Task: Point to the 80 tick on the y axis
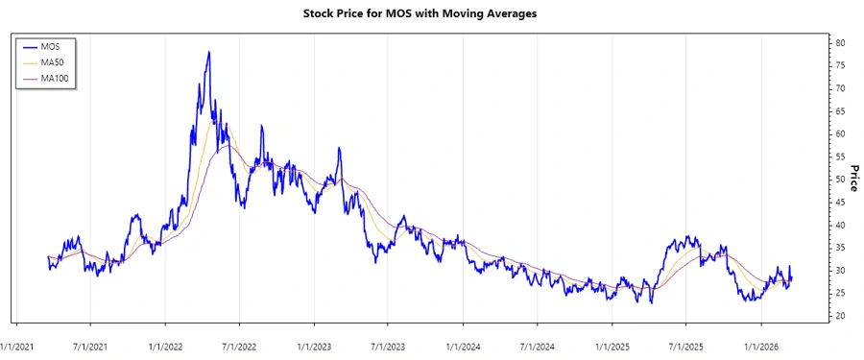click(x=839, y=43)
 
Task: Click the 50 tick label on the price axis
click(x=839, y=180)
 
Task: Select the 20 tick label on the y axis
click(x=839, y=316)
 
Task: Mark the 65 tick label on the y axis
click(x=839, y=111)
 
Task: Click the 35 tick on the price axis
click(x=839, y=248)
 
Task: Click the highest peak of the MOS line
click(x=208, y=52)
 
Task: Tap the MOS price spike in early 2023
click(x=339, y=148)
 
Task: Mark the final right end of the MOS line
click(x=791, y=276)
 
